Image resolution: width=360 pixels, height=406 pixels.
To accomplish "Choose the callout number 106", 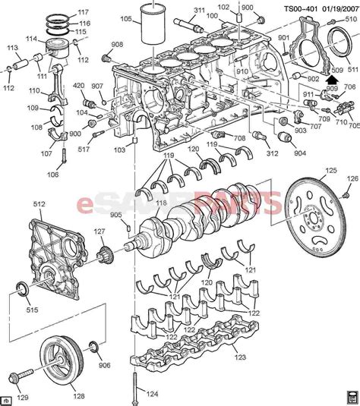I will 52,175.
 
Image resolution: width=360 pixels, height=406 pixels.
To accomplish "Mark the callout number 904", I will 300,152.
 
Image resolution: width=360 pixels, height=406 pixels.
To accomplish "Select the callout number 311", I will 199,11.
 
